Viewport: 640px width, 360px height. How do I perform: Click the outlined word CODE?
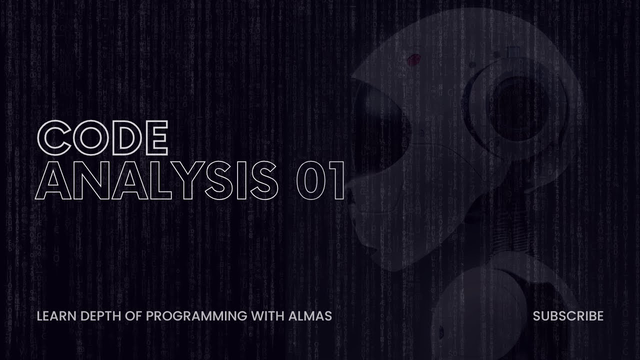(102, 137)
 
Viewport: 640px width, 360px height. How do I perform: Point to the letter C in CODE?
(54, 137)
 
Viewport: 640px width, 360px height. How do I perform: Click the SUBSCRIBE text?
(568, 316)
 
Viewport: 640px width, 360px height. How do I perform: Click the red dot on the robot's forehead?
(412, 60)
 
